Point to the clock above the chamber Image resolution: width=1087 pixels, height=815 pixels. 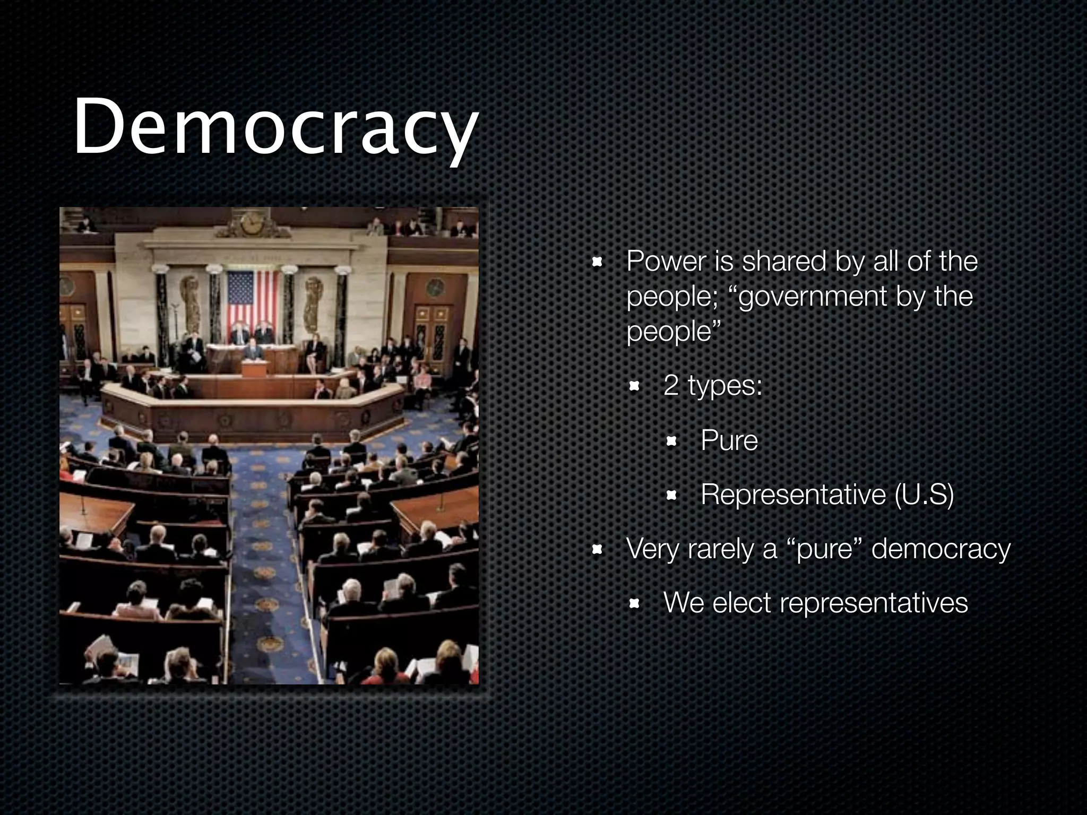pyautogui.click(x=251, y=223)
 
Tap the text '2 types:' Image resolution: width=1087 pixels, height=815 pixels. pyautogui.click(x=713, y=385)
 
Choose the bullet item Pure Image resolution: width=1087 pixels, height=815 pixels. pyautogui.click(x=729, y=440)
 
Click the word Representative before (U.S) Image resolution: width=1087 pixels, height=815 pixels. pyautogui.click(x=793, y=495)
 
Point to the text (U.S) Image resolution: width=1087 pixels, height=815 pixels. pyautogui.click(x=924, y=495)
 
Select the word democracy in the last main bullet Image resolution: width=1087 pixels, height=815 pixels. pyautogui.click(x=941, y=549)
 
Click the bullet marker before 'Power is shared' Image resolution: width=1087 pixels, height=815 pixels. pyautogui.click(x=597, y=262)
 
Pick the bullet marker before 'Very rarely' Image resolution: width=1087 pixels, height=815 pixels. pyautogui.click(x=597, y=550)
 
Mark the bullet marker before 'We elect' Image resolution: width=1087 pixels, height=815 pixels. pyautogui.click(x=634, y=604)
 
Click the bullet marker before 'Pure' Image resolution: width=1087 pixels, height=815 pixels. pyautogui.click(x=671, y=441)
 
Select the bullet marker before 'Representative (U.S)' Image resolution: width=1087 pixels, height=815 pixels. pyautogui.click(x=671, y=496)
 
